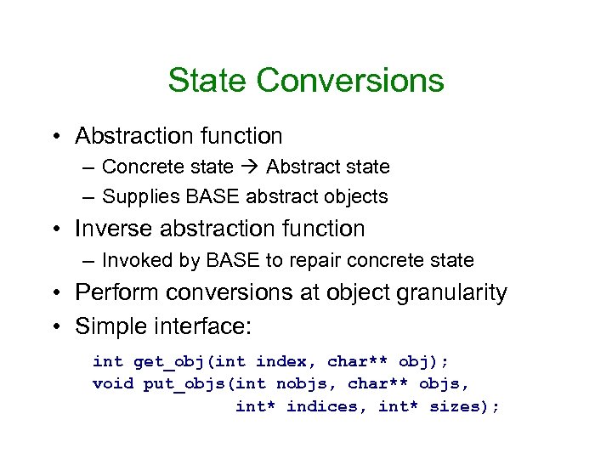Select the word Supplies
tap(136, 197)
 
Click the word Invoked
tap(136, 260)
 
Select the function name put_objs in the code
tap(178, 384)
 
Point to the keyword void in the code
tap(112, 384)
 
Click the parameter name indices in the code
tap(321, 406)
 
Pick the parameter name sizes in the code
tap(453, 406)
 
